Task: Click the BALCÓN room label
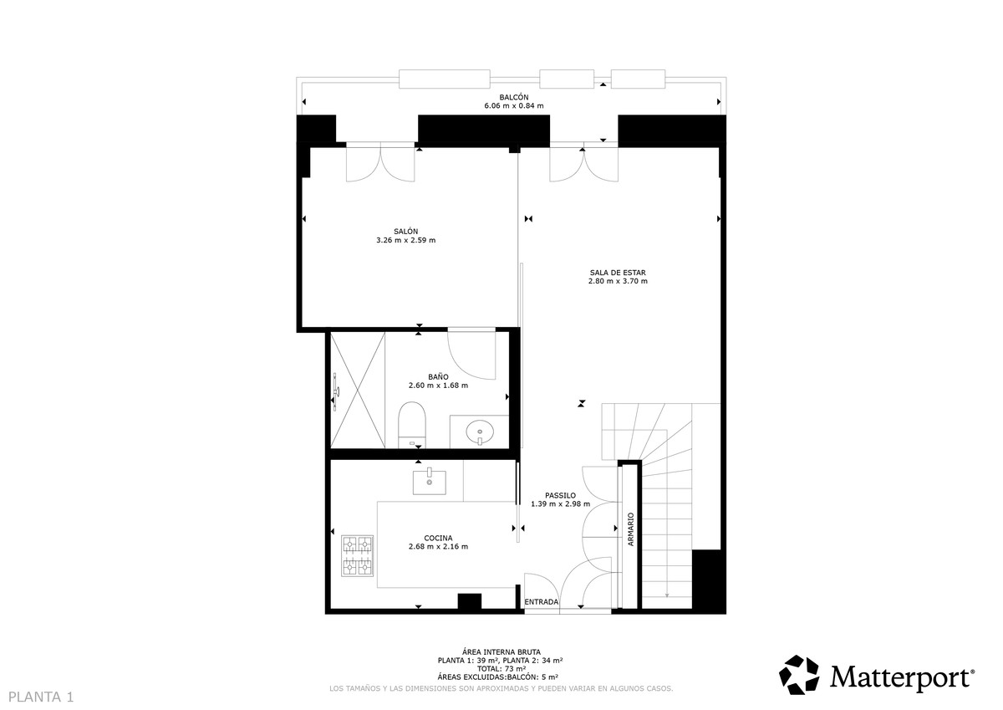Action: point(513,97)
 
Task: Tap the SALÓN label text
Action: point(406,232)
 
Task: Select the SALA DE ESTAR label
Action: point(618,273)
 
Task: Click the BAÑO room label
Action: point(438,376)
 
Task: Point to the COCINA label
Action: point(438,538)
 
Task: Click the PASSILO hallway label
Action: point(560,494)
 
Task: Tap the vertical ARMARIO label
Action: point(631,529)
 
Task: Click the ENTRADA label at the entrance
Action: point(541,601)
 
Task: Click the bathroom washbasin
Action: point(480,432)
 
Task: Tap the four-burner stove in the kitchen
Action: point(357,556)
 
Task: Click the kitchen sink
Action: point(430,481)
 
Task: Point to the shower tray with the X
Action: point(359,391)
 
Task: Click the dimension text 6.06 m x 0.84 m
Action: point(513,106)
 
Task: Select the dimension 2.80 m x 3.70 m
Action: point(618,282)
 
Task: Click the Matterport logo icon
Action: point(800,675)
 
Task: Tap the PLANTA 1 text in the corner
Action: point(42,696)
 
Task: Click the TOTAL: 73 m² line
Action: point(501,669)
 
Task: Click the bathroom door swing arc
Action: point(472,355)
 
